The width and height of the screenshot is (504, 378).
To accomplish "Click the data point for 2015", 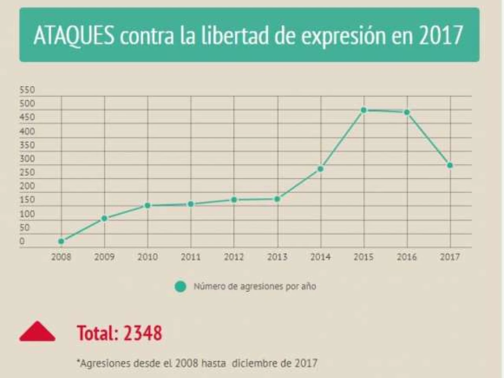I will coord(363,110).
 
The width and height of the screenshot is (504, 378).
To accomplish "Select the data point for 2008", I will coord(61,241).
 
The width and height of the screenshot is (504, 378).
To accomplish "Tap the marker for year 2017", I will coord(450,165).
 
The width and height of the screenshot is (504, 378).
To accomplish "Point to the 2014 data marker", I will coord(321,169).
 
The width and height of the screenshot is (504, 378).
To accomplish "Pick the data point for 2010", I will coord(148,205).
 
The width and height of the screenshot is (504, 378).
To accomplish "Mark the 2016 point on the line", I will coord(407,112).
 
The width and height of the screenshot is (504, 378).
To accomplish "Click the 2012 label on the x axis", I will coord(234,257).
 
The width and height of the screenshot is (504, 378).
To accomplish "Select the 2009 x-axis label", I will coord(104,257).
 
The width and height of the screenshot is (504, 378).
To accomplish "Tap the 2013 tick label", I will coord(277,257).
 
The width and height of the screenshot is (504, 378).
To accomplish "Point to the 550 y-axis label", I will coord(27,90).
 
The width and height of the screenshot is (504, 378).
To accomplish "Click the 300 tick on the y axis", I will coord(27,159).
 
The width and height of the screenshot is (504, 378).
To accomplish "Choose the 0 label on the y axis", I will coord(22,241).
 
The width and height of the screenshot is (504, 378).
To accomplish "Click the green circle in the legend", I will coord(180,286).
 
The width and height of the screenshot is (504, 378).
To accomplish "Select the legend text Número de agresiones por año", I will coord(255,286).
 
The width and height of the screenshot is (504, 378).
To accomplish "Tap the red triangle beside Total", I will coord(37,332).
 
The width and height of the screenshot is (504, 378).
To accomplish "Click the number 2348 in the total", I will coord(142,333).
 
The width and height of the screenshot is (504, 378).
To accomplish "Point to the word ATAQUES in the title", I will coord(74,36).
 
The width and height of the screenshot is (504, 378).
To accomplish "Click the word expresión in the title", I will coord(344,36).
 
